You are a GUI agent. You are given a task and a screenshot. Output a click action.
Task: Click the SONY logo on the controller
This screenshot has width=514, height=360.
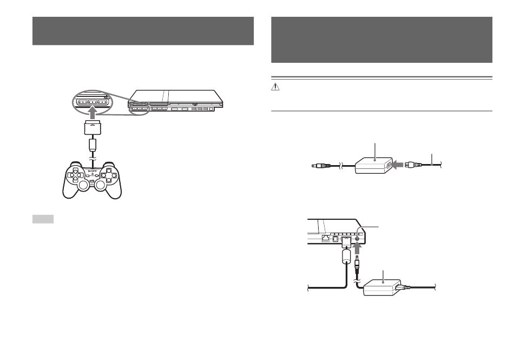pos(92,171)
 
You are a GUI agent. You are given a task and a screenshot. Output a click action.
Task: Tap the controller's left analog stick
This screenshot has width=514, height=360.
pos(83,185)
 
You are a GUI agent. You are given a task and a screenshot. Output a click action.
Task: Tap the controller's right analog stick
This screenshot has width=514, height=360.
pos(100,185)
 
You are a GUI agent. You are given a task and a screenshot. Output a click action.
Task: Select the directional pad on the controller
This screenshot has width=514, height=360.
pos(75,175)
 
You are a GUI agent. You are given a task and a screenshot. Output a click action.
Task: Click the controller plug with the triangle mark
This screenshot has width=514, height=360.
pos(93,127)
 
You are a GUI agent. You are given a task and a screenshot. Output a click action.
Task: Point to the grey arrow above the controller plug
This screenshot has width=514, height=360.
pos(93,114)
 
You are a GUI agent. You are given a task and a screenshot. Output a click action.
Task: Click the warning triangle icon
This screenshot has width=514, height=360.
pos(275,87)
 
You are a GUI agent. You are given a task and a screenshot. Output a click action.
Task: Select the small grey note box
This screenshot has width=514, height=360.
pos(43,219)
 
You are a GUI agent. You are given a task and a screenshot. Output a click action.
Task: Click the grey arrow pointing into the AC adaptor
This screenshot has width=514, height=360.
pos(398,165)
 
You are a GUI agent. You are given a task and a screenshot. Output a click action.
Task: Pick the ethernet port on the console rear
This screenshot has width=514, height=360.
pos(326,238)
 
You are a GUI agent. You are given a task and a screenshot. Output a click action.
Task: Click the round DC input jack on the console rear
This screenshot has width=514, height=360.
pos(358,239)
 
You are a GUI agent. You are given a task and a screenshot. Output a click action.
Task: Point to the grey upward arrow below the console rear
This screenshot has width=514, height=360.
pos(358,249)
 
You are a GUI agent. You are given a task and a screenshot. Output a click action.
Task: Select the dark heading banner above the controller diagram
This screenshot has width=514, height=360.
pos(143,31)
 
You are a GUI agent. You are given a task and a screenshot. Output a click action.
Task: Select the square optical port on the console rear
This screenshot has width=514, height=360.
pos(335,239)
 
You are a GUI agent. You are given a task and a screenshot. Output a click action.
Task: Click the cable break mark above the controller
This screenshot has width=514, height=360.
pos(93,159)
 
